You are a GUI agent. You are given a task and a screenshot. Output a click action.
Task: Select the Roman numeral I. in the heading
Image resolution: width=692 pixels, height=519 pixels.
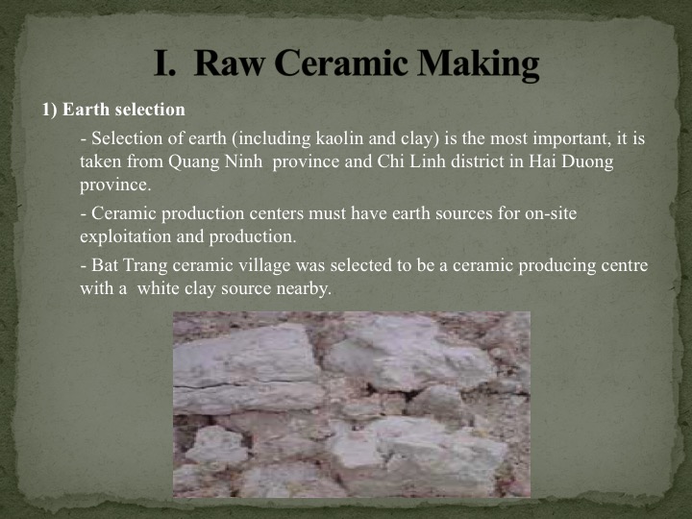[x=165, y=63]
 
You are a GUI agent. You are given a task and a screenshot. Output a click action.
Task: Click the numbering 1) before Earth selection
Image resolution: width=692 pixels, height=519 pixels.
[x=50, y=110]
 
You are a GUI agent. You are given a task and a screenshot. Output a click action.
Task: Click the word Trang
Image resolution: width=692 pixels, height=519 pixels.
[x=145, y=266]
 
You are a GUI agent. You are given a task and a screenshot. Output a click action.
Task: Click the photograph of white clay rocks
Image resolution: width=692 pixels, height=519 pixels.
[x=352, y=405]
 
